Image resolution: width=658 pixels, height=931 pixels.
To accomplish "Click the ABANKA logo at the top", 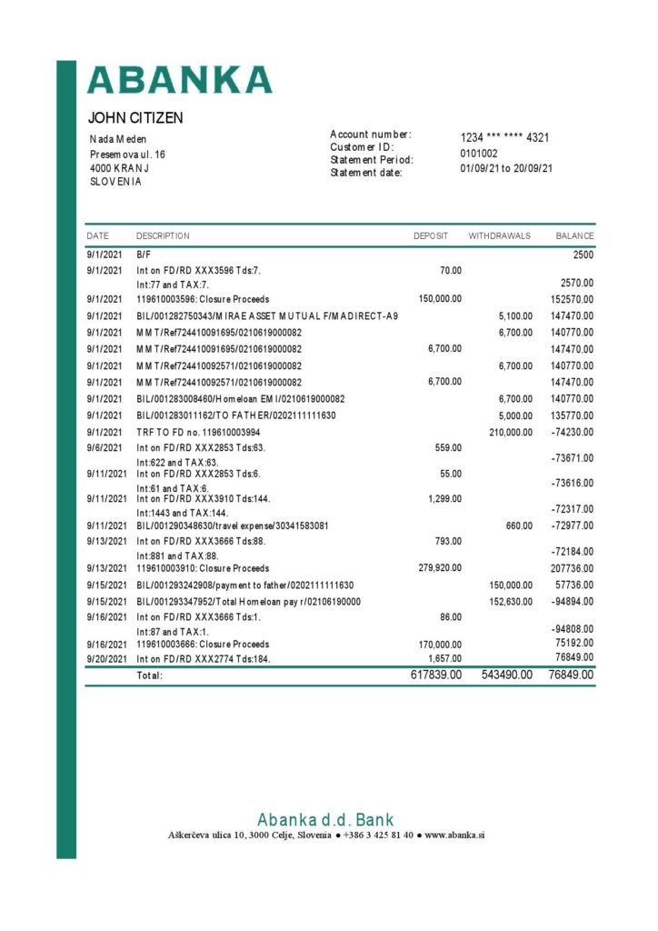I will [179, 79].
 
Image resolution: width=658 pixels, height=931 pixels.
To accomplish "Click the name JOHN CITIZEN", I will [135, 118].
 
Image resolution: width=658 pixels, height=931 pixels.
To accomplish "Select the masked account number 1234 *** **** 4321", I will [504, 138].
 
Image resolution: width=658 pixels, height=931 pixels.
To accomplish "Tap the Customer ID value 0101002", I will [479, 154].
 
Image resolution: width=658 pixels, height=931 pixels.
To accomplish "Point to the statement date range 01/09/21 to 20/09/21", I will [506, 168].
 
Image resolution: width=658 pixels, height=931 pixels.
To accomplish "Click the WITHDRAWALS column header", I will [499, 236].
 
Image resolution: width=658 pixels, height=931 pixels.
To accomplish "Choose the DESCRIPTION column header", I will [163, 236].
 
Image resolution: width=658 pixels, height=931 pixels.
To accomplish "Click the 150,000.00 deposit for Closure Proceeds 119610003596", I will [440, 299].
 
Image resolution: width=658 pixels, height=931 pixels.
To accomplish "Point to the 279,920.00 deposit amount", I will [440, 568].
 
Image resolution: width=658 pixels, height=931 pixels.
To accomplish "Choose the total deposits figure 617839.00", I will [436, 675].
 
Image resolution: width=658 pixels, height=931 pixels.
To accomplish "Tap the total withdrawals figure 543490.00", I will [507, 675].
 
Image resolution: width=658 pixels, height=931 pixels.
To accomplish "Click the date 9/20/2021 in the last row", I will [107, 658].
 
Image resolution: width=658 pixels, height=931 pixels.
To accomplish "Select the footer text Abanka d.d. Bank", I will [325, 819].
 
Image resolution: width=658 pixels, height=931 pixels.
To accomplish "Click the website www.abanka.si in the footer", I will [454, 835].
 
